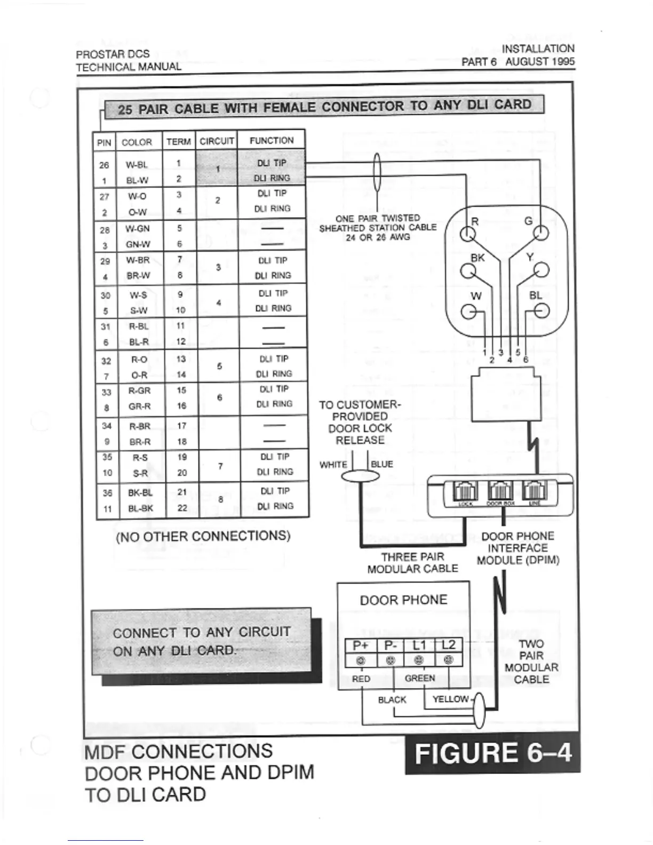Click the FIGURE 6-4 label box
[492, 753]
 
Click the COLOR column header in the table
[137, 142]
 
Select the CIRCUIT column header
[217, 141]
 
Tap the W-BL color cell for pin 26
[137, 165]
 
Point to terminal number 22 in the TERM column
[182, 508]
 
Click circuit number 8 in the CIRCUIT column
[220, 500]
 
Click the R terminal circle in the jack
[468, 234]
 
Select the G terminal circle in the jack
[541, 233]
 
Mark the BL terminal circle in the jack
[542, 311]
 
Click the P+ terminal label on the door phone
[361, 645]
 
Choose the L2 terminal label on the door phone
[448, 645]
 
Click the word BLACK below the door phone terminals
[392, 699]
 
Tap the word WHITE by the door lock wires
[333, 465]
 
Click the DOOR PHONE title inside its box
[403, 600]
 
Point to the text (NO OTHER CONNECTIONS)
[203, 536]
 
